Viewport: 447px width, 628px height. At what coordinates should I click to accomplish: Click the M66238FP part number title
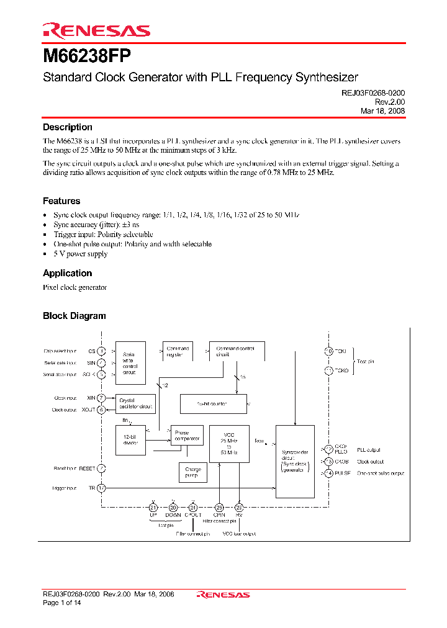coord(87,56)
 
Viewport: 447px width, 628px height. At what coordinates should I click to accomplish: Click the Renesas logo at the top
coord(96,30)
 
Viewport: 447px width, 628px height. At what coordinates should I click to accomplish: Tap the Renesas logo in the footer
coord(223,594)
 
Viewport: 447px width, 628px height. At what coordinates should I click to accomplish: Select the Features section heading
coord(61,201)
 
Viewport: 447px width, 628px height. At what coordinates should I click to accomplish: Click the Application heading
coord(67,273)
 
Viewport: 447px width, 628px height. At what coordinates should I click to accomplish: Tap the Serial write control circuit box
coord(130,362)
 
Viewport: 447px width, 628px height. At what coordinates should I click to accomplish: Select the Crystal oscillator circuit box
coord(135,404)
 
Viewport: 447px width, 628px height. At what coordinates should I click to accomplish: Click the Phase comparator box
coord(187,436)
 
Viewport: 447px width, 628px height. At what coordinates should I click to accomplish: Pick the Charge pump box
coord(192,473)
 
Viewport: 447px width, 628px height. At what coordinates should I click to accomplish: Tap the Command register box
coord(178,352)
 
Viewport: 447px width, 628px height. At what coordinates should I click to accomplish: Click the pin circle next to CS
coord(101,351)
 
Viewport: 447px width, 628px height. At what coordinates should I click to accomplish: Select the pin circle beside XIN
coord(101,398)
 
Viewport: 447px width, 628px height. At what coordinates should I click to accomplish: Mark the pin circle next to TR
coord(101,488)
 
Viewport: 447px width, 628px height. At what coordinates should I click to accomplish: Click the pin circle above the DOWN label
coord(173,507)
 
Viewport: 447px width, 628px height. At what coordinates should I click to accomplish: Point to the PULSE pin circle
coord(329,473)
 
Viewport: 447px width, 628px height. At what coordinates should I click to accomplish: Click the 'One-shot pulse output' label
coord(381,473)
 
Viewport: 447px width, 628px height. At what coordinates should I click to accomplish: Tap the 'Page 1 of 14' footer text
coord(61,603)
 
